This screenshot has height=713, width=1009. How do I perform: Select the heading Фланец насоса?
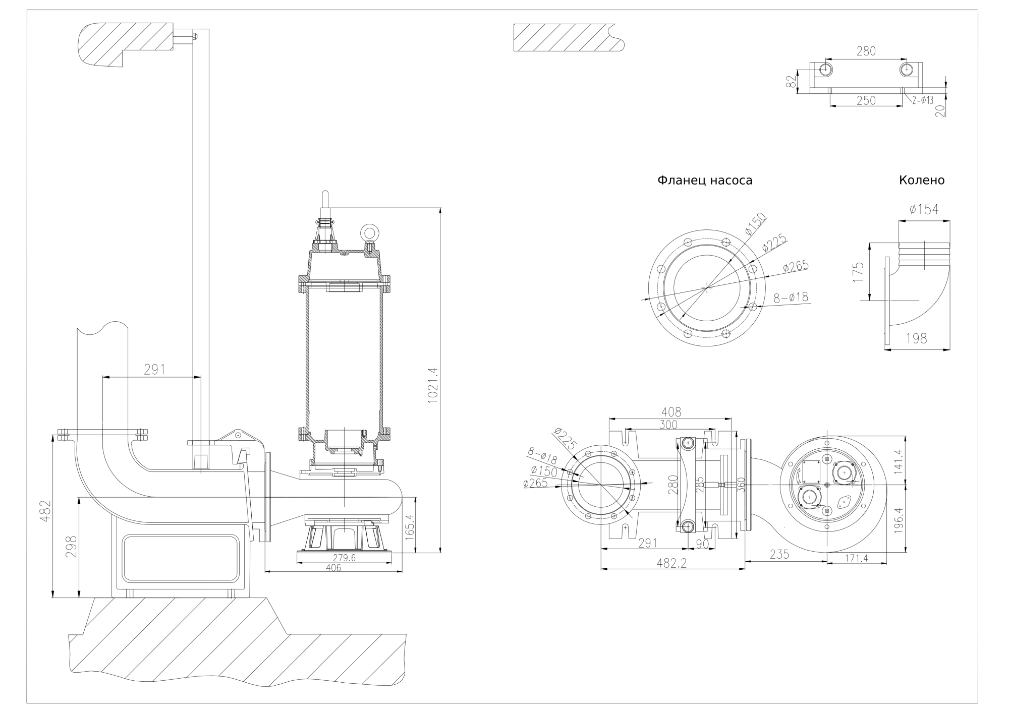coord(704,181)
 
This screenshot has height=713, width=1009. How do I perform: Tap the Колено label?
coord(921,181)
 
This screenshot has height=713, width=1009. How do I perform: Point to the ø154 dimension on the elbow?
coord(924,210)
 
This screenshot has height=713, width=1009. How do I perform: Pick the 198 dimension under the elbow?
coord(916,339)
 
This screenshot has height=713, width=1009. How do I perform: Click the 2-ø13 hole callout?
coord(923,100)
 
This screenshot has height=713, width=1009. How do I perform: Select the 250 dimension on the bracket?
coord(866,100)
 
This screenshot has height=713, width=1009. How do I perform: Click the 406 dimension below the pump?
coord(333,568)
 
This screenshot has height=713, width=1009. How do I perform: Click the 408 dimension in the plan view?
coord(670,412)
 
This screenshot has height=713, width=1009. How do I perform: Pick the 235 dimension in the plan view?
coord(779,554)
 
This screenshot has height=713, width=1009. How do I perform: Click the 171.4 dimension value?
coord(857,558)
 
